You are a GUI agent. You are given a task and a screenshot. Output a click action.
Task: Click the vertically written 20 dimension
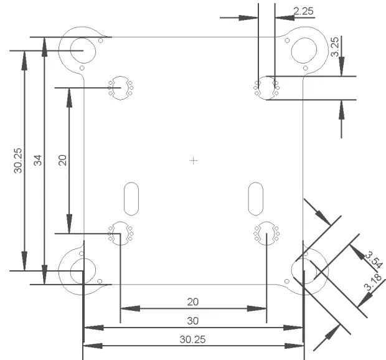(x=62, y=160)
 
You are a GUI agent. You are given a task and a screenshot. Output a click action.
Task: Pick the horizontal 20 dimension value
(x=193, y=301)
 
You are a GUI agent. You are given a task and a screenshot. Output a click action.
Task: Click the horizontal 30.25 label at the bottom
(x=193, y=339)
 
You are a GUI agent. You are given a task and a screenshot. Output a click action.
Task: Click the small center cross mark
(x=194, y=161)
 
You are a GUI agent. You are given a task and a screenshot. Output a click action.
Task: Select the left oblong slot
(x=131, y=198)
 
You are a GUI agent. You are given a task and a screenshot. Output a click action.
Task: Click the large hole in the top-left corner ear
(x=80, y=47)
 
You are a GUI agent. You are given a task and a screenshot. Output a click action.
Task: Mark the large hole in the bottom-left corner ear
(x=78, y=270)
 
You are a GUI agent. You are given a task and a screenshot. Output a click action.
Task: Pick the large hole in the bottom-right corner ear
(x=305, y=270)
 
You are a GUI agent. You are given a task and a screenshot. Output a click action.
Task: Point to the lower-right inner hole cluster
(x=266, y=233)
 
